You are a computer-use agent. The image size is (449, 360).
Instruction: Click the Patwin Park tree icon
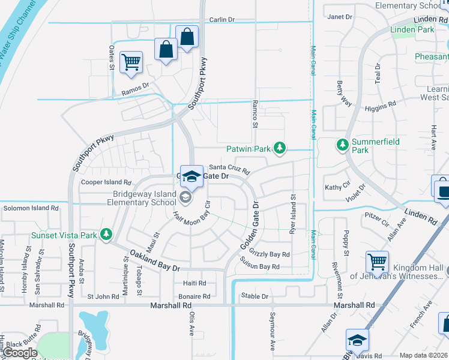(x=279, y=148)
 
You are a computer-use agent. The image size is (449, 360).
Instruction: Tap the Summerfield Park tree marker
(x=342, y=145)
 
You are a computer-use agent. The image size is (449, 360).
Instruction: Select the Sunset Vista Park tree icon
(x=106, y=233)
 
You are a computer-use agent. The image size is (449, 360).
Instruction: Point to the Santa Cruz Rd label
(x=229, y=169)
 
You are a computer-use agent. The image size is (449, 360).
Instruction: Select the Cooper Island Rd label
(x=106, y=182)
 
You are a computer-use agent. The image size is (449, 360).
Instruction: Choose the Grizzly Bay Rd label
(x=269, y=254)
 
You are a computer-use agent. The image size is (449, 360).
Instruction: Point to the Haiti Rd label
(x=194, y=283)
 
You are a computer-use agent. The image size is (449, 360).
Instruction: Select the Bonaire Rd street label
(x=194, y=296)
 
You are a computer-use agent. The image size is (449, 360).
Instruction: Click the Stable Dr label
(x=255, y=296)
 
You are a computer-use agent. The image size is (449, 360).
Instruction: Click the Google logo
(x=20, y=353)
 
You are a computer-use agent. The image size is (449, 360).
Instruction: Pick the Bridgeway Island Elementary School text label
(x=137, y=199)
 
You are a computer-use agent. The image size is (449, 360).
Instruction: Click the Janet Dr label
(x=340, y=17)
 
